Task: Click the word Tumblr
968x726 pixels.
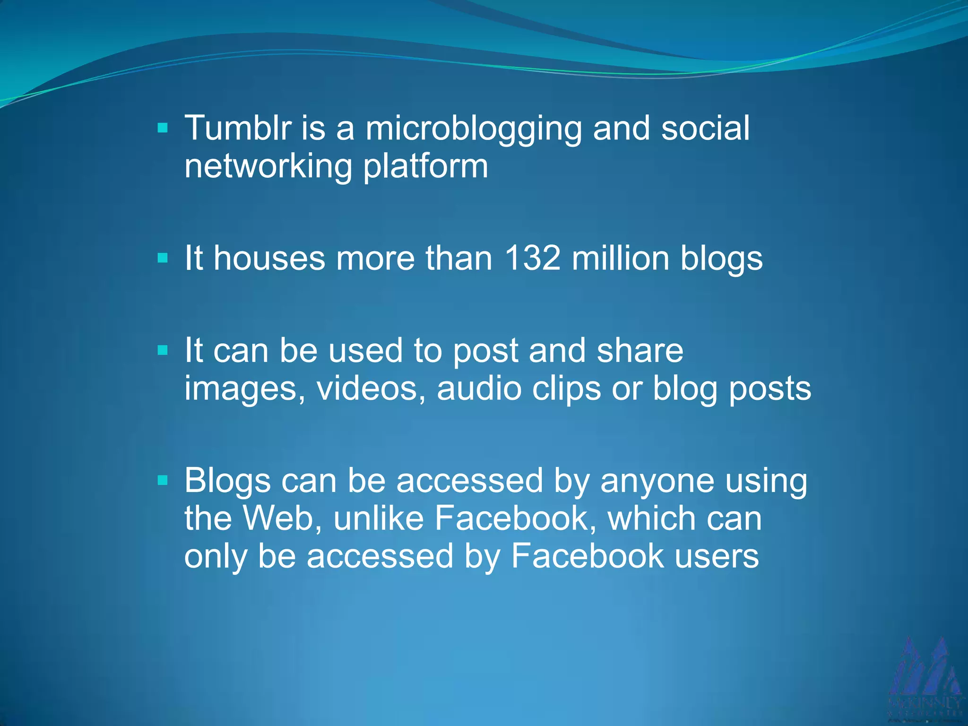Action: coord(238,128)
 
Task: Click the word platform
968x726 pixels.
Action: coord(425,167)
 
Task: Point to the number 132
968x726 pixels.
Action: coord(532,259)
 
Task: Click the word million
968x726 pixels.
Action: coord(620,259)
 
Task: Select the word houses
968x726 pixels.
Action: coord(269,259)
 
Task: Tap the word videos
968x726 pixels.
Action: coord(371,389)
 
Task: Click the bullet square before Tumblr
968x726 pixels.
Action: coord(163,128)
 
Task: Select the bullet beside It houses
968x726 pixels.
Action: coord(163,258)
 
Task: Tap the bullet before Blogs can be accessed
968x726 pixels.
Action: coord(163,480)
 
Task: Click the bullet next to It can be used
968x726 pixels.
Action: coord(163,350)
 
